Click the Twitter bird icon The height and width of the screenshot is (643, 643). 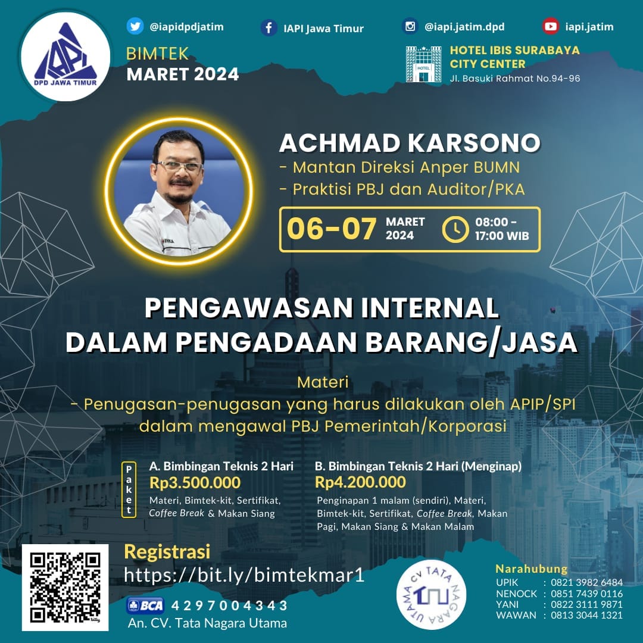135,26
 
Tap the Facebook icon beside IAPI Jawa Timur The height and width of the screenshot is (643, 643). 269,28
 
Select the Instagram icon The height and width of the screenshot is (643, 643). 410,26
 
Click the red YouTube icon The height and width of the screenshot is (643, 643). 551,26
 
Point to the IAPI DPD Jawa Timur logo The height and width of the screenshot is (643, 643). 65,56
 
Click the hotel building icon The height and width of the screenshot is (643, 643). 424,64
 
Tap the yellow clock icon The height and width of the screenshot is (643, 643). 455,229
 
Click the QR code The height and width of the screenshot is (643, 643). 65,587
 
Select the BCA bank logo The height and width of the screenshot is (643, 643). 146,605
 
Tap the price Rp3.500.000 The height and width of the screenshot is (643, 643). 195,483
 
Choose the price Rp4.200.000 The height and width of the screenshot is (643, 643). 360,482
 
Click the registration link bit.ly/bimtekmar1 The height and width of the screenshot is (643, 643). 245,575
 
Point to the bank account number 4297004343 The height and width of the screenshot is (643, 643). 229,605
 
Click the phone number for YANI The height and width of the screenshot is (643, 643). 587,604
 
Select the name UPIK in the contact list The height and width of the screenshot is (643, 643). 507,582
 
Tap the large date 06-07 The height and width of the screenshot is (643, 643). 332,229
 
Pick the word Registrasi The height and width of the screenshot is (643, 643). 167,551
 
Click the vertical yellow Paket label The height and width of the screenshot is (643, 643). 129,489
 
